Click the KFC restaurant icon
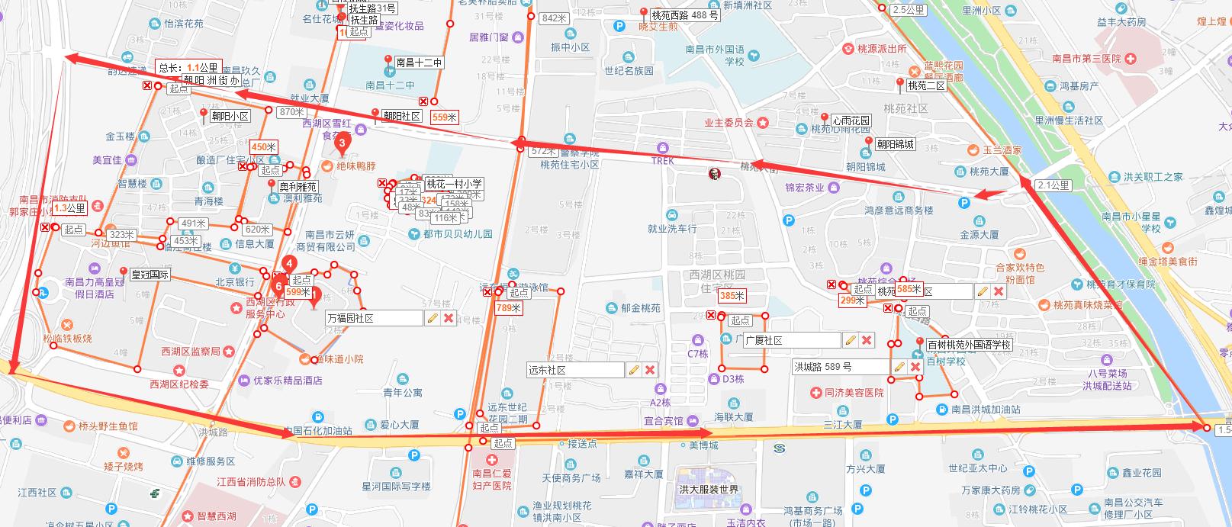click(715, 174)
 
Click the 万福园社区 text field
click(373, 318)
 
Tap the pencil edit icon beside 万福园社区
click(433, 318)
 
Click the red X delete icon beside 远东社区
click(650, 370)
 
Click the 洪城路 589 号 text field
click(840, 367)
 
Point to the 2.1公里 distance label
click(1053, 185)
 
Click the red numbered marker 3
click(342, 142)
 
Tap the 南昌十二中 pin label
click(419, 63)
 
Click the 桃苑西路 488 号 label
click(685, 14)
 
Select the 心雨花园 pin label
click(850, 121)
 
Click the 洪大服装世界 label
click(709, 489)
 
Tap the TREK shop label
click(663, 161)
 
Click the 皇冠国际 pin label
click(150, 275)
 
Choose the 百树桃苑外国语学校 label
click(969, 345)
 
